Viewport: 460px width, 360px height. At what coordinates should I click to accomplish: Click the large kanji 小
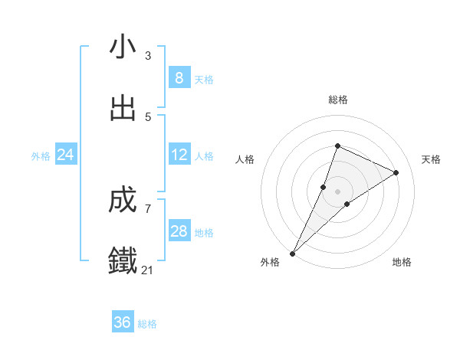coord(123,47)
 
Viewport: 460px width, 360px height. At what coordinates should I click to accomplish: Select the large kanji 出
coord(123,108)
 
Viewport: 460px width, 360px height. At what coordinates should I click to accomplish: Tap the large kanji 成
coord(123,201)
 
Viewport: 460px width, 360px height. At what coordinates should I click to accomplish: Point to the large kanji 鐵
coord(123,261)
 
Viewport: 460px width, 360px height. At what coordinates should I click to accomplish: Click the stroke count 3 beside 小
coord(148,55)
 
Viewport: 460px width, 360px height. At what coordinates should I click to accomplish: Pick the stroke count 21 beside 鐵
coord(148,270)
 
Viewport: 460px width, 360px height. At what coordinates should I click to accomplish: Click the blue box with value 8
coord(179,78)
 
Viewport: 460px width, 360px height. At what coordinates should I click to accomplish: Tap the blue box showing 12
coord(179,155)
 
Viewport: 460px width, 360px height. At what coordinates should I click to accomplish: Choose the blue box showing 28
coord(179,231)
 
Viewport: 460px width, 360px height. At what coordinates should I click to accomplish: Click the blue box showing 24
coord(65,155)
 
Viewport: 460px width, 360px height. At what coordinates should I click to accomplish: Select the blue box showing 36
coord(123,322)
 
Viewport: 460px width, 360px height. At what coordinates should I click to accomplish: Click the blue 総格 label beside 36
coord(147,324)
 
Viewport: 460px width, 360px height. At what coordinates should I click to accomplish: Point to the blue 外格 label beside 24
coord(41,156)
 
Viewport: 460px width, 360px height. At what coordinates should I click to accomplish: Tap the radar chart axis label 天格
coord(431,159)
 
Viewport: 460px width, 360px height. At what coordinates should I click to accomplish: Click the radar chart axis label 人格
coord(245,159)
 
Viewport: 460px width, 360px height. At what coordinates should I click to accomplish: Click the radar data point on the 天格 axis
coord(396,172)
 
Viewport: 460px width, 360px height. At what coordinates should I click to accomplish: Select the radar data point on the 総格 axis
coord(337,146)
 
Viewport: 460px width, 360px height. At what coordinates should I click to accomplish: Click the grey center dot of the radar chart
coord(337,191)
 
